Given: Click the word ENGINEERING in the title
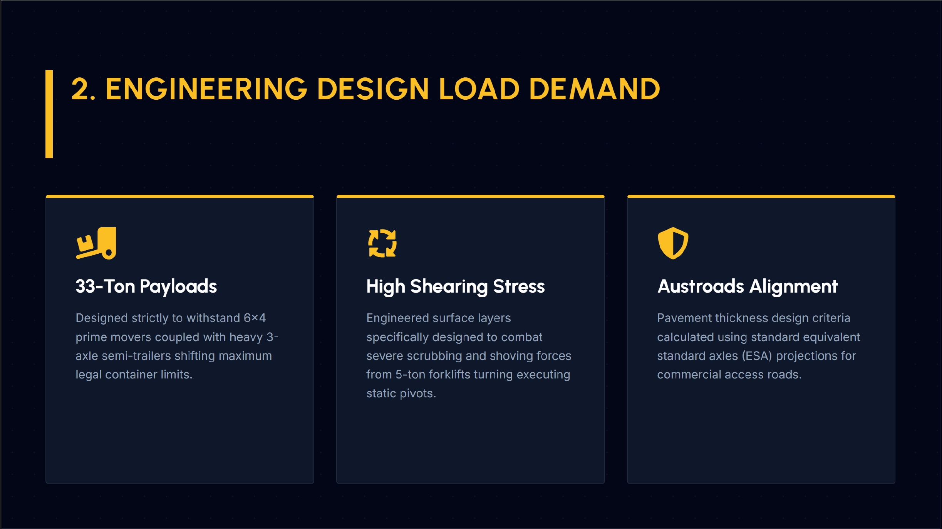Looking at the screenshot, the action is tap(206, 89).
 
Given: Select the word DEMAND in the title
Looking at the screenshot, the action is tap(595, 89).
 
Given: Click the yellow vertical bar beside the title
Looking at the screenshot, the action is tap(49, 114).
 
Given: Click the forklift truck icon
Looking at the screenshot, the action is tap(96, 243).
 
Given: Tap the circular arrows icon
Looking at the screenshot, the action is tap(382, 243).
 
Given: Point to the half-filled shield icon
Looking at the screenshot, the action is tap(673, 243).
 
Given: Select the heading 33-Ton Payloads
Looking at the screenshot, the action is tap(146, 286).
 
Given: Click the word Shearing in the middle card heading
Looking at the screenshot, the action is tap(449, 286).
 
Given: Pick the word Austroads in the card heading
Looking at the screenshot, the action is tap(701, 286).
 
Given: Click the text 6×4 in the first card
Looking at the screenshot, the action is tap(255, 318).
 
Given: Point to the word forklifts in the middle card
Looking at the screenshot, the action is tap(449, 375).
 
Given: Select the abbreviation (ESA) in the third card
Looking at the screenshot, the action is tap(757, 356).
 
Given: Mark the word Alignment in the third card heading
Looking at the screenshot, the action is tap(793, 286).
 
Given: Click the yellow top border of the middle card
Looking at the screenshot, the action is tap(470, 196).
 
